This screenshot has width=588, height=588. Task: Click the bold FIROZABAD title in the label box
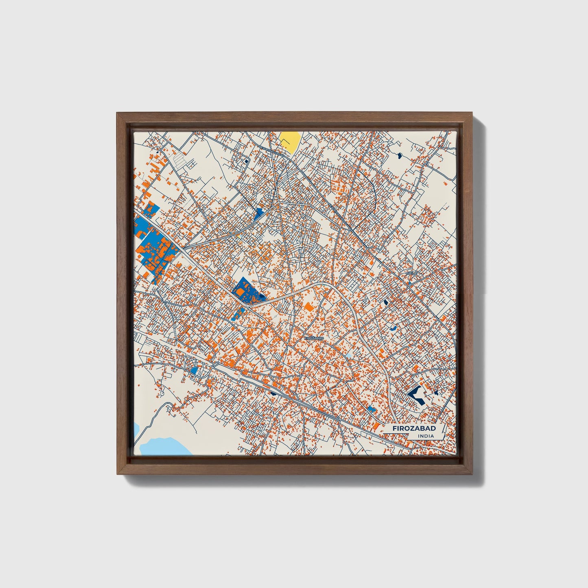(x=414, y=428)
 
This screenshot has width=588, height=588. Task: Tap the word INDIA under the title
(x=425, y=436)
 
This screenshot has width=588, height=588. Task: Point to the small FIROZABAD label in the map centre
(x=314, y=338)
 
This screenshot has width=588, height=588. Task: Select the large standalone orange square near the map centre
(x=309, y=306)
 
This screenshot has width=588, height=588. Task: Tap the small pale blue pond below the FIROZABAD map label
(x=349, y=356)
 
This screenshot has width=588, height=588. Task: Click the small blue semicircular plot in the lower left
(x=194, y=370)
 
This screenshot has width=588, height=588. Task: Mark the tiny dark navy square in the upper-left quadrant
(x=246, y=161)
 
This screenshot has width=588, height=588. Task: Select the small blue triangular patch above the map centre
(x=258, y=213)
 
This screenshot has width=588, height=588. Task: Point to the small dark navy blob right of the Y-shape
(x=436, y=393)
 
